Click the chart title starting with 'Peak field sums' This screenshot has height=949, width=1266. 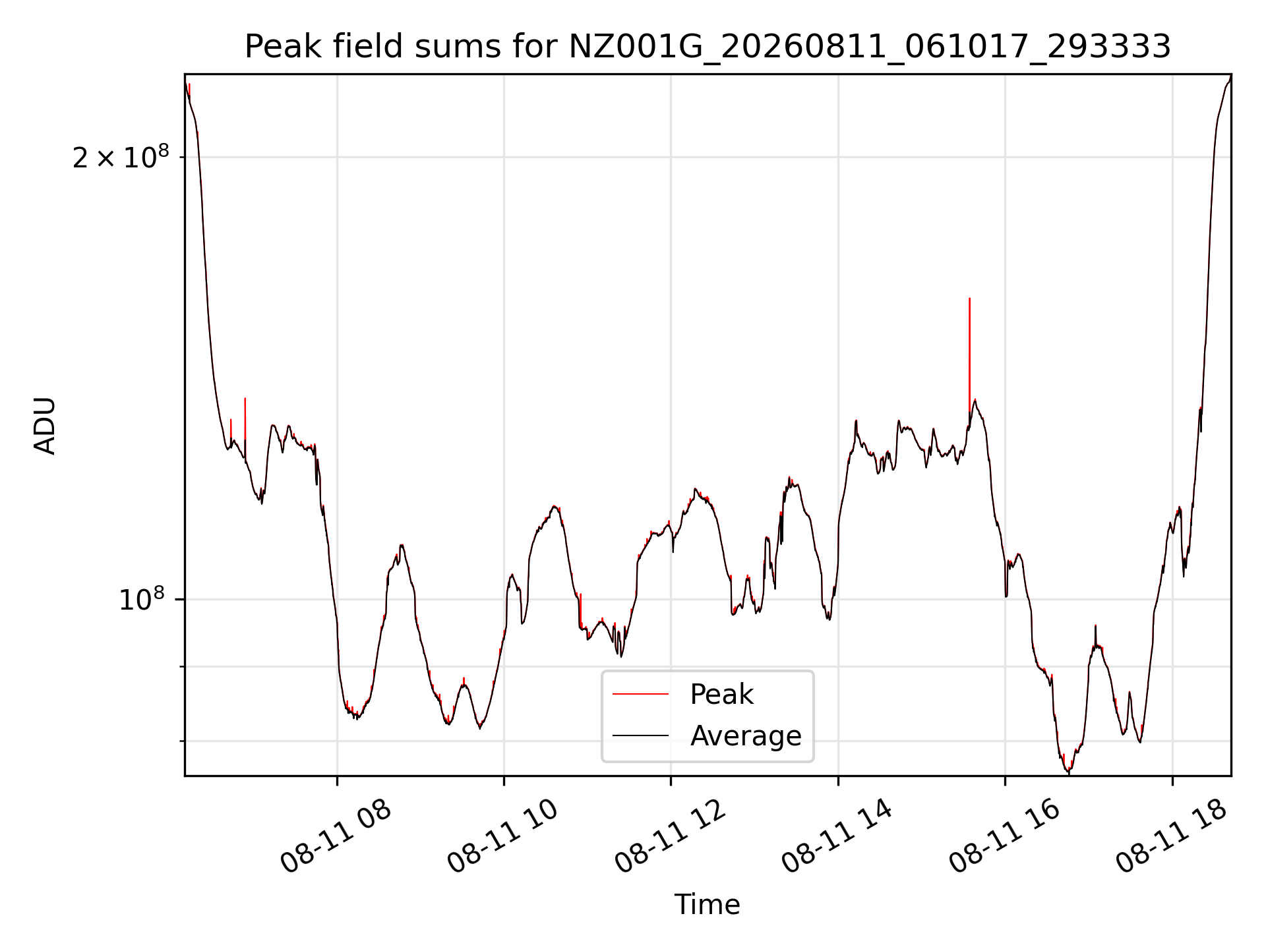coord(708,47)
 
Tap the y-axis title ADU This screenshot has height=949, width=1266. coord(45,426)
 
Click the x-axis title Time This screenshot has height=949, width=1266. coord(707,905)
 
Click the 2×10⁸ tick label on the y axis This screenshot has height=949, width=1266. coord(121,157)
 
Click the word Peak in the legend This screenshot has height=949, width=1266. coord(721,695)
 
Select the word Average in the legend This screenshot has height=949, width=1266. coord(746,736)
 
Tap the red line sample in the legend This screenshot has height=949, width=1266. coord(640,695)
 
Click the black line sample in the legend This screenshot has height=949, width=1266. coord(640,735)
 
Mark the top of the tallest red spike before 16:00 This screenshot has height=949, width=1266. coord(969,299)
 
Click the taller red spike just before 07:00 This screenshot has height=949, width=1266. coord(245,399)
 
